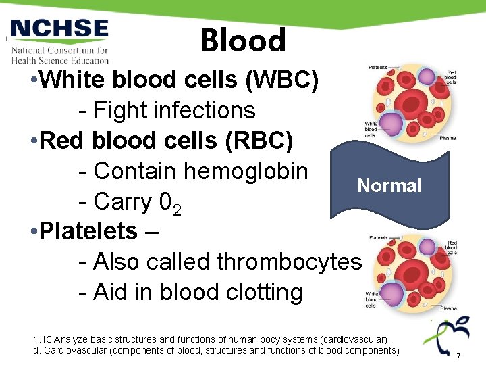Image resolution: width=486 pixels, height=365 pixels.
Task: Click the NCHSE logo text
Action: pos(59,30)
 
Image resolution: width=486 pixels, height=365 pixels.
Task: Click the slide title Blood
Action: pos(243,41)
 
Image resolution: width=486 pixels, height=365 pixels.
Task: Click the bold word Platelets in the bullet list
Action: pos(88,231)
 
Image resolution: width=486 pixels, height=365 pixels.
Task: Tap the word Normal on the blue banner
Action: pos(389,186)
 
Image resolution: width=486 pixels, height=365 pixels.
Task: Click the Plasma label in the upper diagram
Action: pos(448,138)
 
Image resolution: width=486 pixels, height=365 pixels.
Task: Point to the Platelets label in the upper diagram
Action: pos(378,68)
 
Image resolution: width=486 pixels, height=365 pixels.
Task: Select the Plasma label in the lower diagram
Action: pos(448,308)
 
